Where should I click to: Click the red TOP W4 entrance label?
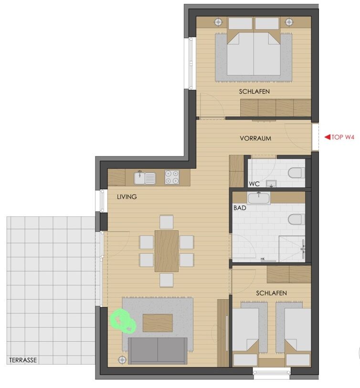(x=343, y=137)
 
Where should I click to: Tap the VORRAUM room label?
(x=255, y=138)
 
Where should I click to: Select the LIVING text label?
(x=127, y=197)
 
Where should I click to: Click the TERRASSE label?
(x=23, y=360)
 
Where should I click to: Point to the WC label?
(x=254, y=184)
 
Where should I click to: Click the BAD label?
(x=240, y=208)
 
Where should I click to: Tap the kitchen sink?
(x=145, y=178)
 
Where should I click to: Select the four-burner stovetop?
(x=172, y=177)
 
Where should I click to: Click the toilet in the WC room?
(x=296, y=172)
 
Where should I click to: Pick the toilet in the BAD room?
(x=296, y=219)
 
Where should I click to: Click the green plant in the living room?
(x=123, y=321)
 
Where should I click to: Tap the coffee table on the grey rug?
(x=158, y=323)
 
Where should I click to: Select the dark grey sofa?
(x=158, y=351)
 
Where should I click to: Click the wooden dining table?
(x=167, y=251)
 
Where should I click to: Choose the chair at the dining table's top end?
(x=166, y=222)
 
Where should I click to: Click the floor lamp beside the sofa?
(x=122, y=359)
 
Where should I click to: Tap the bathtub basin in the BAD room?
(x=259, y=199)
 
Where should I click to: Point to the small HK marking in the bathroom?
(x=263, y=259)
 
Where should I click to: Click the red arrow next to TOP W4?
(x=327, y=137)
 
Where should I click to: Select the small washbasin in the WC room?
(x=271, y=184)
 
